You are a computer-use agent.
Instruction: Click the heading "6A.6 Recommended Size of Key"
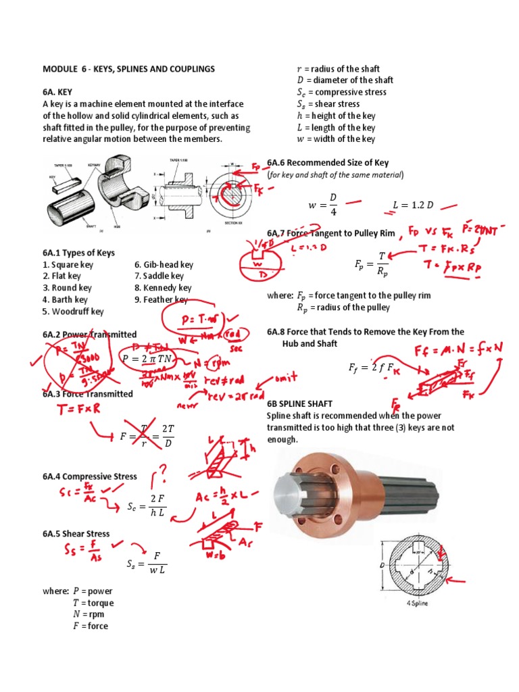328,163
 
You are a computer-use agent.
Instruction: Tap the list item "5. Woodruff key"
73,312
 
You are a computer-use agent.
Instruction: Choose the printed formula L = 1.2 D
412,205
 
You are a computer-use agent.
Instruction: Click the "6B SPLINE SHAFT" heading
300,403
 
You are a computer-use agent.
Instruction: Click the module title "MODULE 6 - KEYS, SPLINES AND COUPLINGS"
128,69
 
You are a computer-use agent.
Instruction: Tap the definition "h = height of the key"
336,116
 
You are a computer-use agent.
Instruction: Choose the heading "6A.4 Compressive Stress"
89,476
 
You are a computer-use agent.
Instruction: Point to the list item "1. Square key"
68,265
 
